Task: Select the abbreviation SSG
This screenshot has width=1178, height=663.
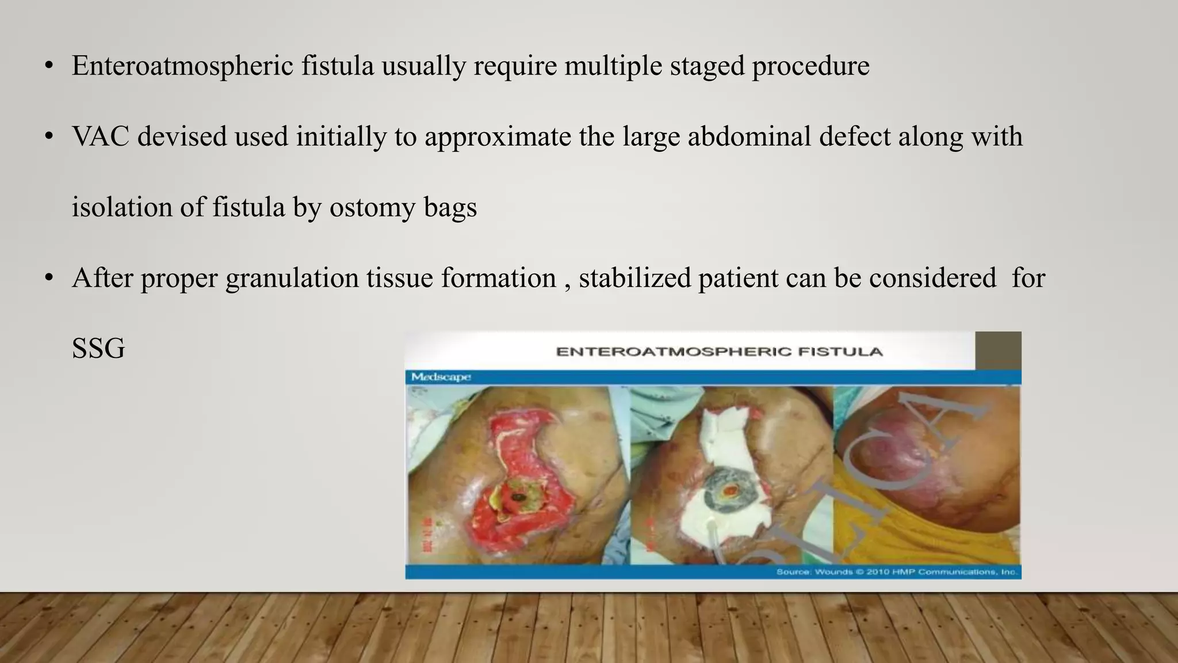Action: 98,349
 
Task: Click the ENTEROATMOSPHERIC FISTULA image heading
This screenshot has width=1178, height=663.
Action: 719,352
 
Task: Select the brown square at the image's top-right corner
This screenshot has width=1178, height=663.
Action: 998,350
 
